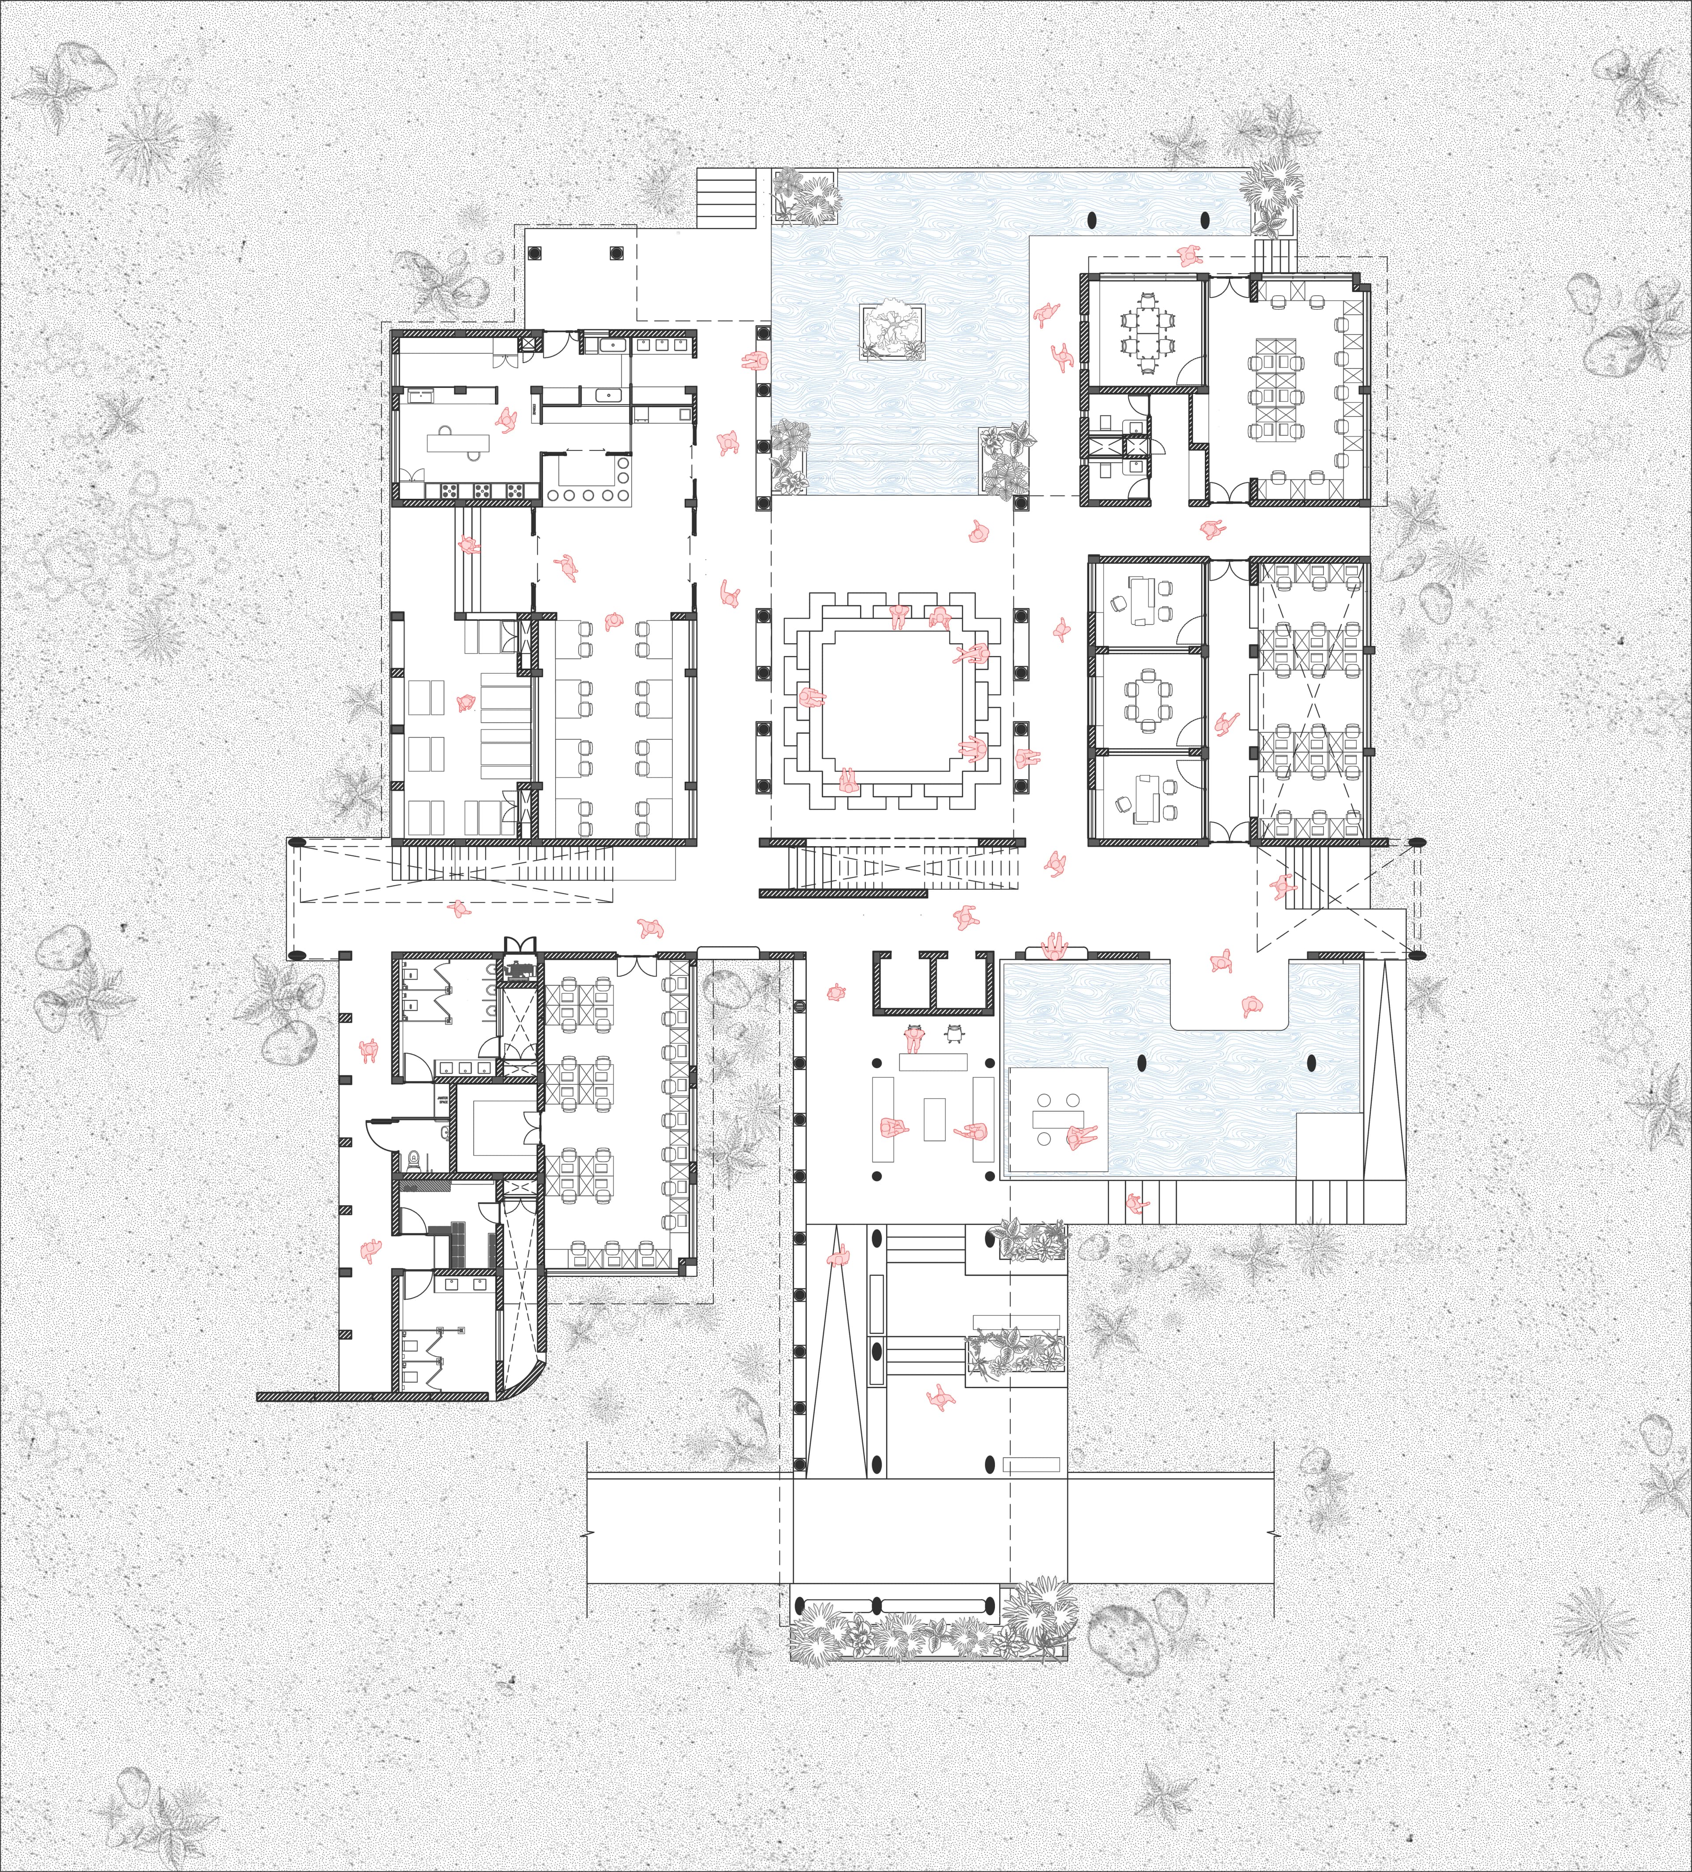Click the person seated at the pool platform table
pyautogui.click(x=1080, y=1135)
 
